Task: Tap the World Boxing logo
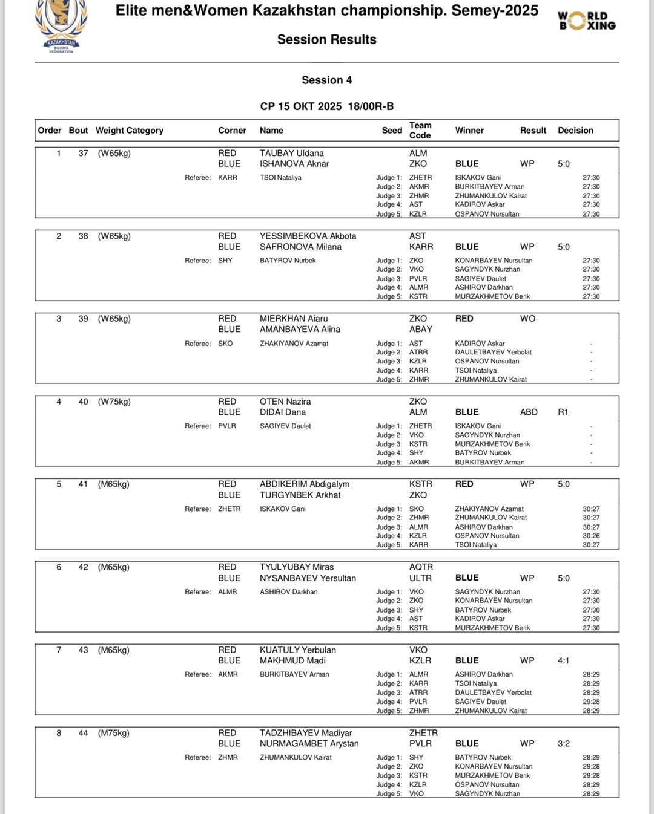tap(586, 21)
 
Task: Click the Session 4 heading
tap(326, 80)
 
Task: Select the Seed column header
tap(392, 131)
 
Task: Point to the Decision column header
tap(575, 131)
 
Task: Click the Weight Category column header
tap(130, 131)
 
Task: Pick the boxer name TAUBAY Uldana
tap(292, 154)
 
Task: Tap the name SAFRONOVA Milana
tap(300, 247)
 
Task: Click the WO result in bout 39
tap(527, 319)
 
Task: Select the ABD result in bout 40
tap(529, 412)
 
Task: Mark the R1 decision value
tap(563, 412)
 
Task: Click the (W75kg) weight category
tap(114, 402)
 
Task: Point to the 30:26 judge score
tap(591, 536)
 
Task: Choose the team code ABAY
tap(421, 330)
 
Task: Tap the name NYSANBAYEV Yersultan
tap(308, 578)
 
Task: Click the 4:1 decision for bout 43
tap(563, 661)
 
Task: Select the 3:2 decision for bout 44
tap(563, 744)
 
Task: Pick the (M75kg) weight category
tap(114, 733)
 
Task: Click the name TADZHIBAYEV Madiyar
tap(306, 733)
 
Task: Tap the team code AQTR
tap(421, 567)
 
